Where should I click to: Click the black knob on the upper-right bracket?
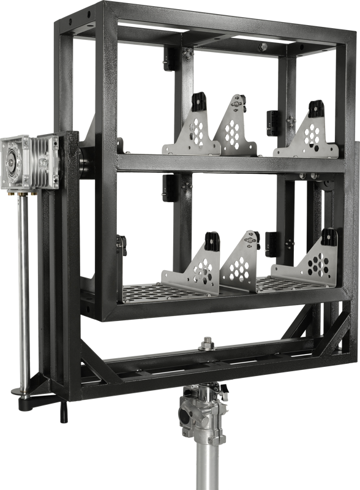[x=317, y=107]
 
